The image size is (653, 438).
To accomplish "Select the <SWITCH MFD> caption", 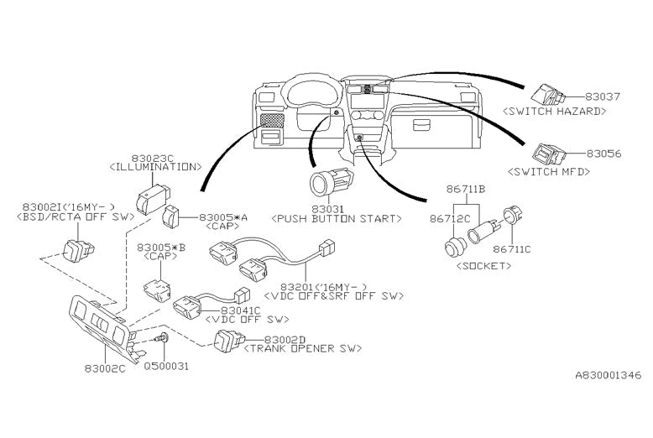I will click(546, 170).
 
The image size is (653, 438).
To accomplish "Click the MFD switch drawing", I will click(549, 154).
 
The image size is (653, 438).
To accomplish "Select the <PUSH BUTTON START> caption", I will click(334, 218).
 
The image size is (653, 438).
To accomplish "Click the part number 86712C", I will click(448, 216).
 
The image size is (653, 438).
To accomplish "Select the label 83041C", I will click(243, 310).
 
